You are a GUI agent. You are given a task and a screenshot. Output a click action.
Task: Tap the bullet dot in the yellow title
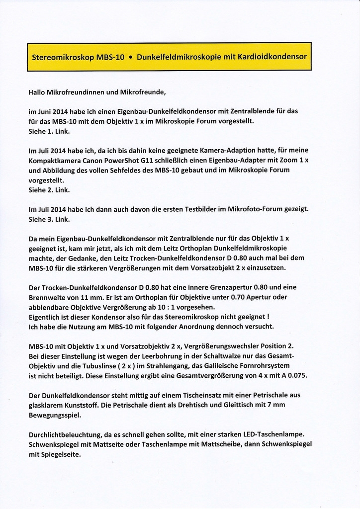pyautogui.click(x=130, y=57)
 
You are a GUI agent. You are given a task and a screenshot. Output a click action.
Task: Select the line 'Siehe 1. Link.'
pyautogui.click(x=49, y=131)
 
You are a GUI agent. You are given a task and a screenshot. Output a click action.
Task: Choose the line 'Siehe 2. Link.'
pyautogui.click(x=49, y=190)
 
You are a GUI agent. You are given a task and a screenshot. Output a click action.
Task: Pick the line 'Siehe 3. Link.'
pyautogui.click(x=49, y=219)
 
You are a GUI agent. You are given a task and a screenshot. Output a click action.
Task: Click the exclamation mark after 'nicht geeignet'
pyautogui.click(x=267, y=317)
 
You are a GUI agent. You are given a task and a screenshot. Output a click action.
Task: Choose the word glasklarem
pyautogui.click(x=47, y=405)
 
